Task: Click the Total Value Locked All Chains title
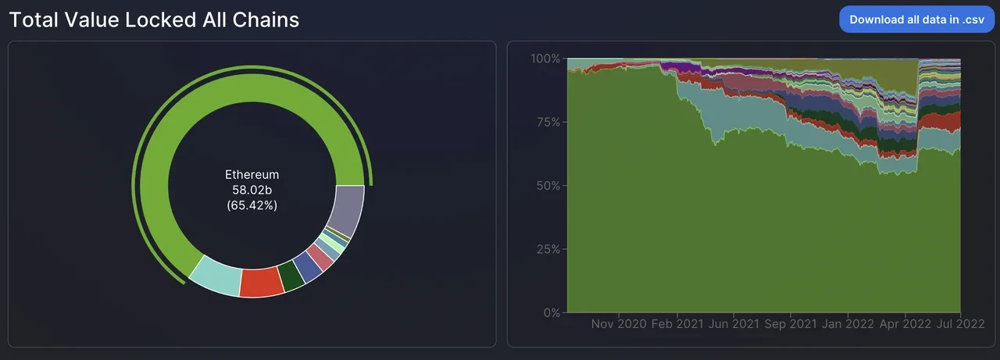(x=154, y=20)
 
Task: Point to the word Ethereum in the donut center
(x=252, y=175)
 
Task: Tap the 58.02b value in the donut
(x=252, y=191)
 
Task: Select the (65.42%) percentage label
(x=252, y=206)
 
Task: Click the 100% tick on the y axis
(x=545, y=59)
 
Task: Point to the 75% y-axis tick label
(x=547, y=123)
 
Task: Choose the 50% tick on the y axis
(x=547, y=186)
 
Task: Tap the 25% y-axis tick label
(x=547, y=250)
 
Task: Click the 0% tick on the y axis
(x=550, y=313)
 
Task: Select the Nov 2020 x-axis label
(x=618, y=324)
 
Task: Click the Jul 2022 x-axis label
(x=960, y=324)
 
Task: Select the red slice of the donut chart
(x=262, y=282)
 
